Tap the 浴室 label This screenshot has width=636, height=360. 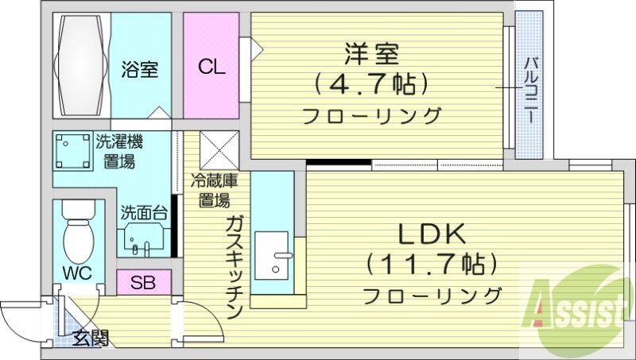(x=140, y=69)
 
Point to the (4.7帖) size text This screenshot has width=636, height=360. (x=371, y=83)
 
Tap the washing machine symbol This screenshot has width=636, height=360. (x=74, y=151)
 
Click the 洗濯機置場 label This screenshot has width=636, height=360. (x=118, y=152)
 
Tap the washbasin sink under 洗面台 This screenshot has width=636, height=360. (x=145, y=237)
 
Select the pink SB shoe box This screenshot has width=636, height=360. (x=143, y=282)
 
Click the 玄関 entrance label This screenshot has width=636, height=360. (x=89, y=339)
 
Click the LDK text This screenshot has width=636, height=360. (x=432, y=234)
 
